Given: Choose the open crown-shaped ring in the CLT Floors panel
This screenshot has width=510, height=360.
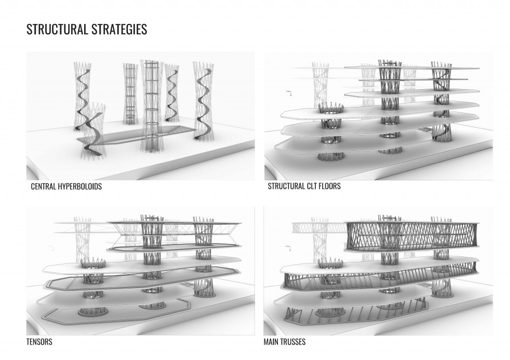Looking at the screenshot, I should [330, 107].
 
